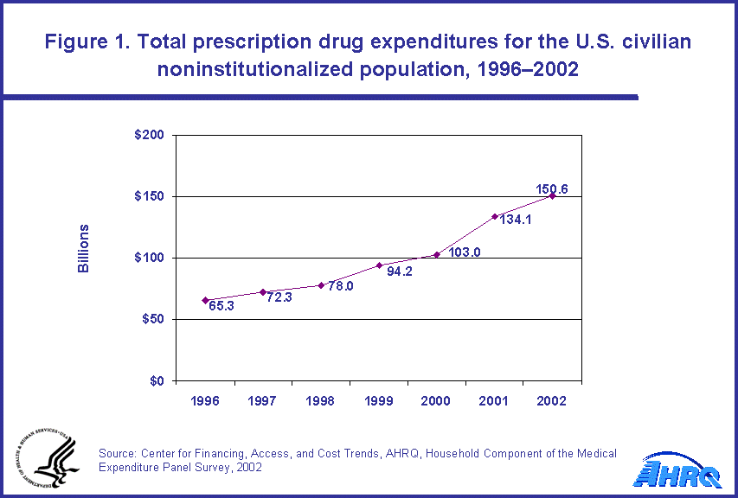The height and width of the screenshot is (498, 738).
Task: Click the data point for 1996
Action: [x=205, y=300]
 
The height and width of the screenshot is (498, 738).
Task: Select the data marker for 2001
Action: [x=495, y=216]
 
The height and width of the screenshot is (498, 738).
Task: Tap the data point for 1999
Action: [x=379, y=265]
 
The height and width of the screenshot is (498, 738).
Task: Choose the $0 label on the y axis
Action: [x=156, y=381]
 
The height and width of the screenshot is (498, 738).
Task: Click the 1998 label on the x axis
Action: [x=321, y=402]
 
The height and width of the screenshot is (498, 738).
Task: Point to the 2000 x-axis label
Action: [x=437, y=402]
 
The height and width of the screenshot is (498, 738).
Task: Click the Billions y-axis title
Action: [x=84, y=249]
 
